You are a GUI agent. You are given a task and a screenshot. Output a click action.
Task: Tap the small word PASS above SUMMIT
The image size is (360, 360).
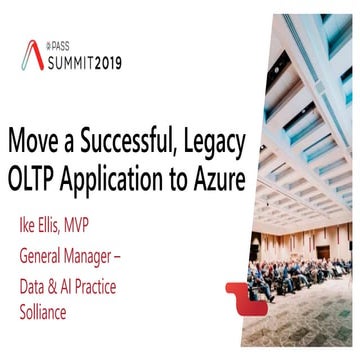tap(65, 46)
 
